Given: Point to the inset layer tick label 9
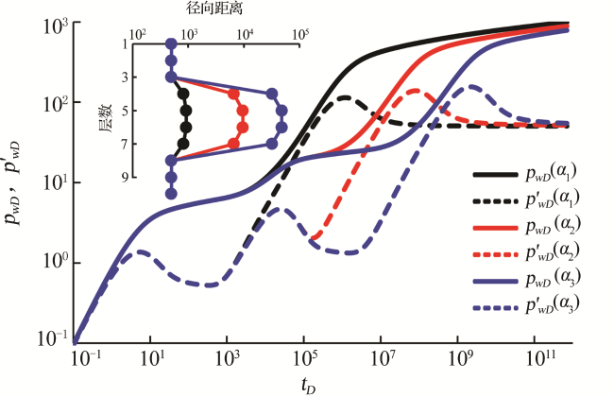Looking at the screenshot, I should (x=124, y=177).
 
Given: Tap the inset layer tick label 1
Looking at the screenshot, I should (x=124, y=44).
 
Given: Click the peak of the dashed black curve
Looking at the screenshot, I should (x=346, y=96).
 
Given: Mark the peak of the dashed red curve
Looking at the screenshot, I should (x=416, y=92).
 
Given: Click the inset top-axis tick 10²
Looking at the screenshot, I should (x=138, y=34).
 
